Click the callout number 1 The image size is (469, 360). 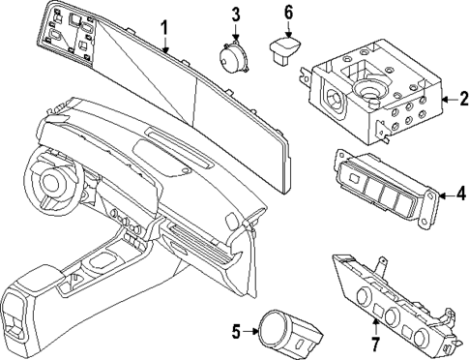pos(164,26)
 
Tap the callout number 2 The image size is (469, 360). pos(450,98)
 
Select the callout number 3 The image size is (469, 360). pos(235,14)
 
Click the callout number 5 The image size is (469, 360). pos(235,332)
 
